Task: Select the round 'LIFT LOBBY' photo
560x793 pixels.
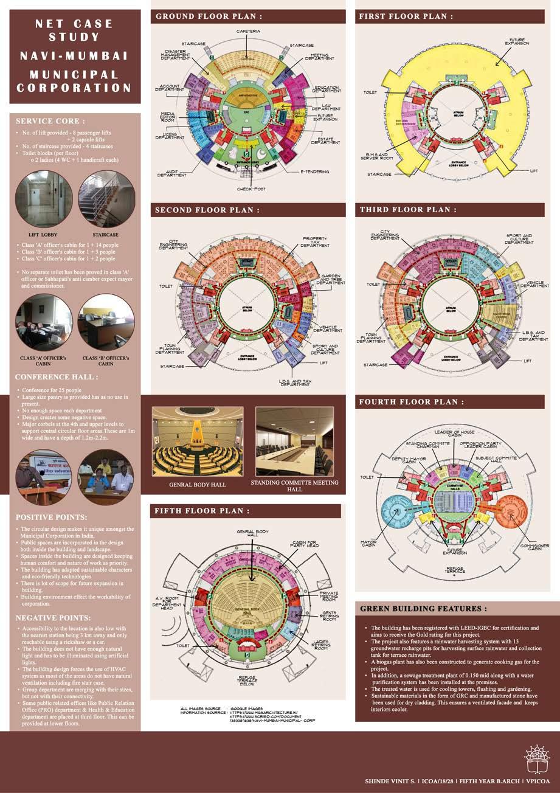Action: pyautogui.click(x=44, y=200)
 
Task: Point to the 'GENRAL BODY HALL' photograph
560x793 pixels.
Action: pyautogui.click(x=197, y=441)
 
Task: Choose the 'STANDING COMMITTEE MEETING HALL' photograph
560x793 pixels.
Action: pyautogui.click(x=294, y=441)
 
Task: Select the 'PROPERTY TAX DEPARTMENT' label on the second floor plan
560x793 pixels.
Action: pyautogui.click(x=316, y=241)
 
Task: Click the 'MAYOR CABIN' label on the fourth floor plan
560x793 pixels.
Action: pyautogui.click(x=368, y=542)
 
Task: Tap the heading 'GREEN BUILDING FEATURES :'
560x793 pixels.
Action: pyautogui.click(x=424, y=608)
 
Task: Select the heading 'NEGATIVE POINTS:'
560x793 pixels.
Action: pyautogui.click(x=53, y=618)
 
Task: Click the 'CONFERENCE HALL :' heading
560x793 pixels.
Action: pyautogui.click(x=57, y=377)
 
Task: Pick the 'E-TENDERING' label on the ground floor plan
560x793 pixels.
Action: pyautogui.click(x=314, y=172)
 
